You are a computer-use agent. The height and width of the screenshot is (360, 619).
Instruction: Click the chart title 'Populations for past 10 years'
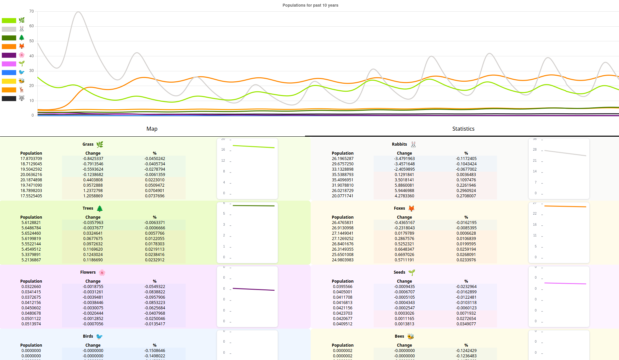[310, 5]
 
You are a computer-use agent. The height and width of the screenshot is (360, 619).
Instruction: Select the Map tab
[152, 129]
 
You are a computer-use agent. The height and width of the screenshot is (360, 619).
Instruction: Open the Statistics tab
[463, 129]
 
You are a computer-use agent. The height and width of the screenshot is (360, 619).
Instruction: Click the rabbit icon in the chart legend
[22, 29]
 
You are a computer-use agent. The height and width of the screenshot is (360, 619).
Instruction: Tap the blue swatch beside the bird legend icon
[9, 72]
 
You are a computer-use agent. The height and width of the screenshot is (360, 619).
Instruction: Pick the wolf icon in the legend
[22, 98]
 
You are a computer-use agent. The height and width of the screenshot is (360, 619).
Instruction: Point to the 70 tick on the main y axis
[32, 11]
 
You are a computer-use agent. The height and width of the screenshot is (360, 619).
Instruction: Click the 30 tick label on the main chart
[32, 71]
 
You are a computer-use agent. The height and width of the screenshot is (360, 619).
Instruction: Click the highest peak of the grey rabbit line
[78, 12]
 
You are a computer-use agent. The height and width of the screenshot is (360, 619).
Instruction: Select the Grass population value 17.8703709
[31, 159]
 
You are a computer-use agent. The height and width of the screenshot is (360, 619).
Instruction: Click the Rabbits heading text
[399, 144]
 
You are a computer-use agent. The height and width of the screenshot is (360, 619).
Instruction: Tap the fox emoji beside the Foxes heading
[411, 208]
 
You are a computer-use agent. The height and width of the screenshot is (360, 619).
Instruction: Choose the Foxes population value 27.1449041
[342, 233]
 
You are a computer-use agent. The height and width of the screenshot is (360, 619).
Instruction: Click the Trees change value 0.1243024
[93, 255]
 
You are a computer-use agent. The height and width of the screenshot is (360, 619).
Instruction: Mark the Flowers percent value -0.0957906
[155, 297]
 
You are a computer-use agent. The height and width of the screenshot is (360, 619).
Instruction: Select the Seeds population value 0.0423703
[342, 313]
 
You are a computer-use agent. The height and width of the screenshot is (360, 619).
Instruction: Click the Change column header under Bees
[404, 345]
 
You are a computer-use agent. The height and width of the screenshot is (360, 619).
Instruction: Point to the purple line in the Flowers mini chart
[253, 289]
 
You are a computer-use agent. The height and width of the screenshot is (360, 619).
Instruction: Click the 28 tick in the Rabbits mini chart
[535, 150]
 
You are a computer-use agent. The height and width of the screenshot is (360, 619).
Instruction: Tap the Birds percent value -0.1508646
[155, 351]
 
